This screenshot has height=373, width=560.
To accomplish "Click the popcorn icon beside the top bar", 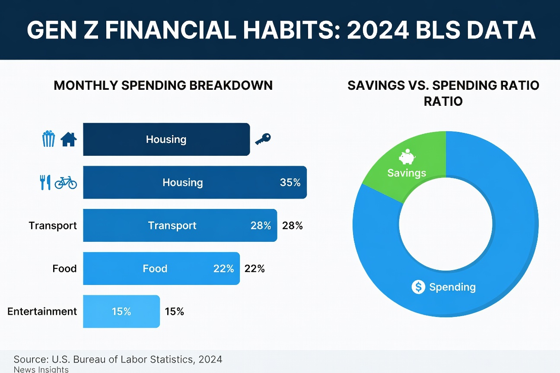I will pyautogui.click(x=48, y=139).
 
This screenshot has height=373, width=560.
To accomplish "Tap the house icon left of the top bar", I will pyautogui.click(x=68, y=139).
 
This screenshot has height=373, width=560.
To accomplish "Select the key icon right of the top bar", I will pyautogui.click(x=263, y=139).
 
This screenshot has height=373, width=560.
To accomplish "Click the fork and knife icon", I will pyautogui.click(x=45, y=182).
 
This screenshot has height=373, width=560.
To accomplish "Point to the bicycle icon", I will pyautogui.click(x=66, y=183).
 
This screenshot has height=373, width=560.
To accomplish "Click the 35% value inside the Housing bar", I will pyautogui.click(x=290, y=182).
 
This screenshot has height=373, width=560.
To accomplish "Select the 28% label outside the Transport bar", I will pyautogui.click(x=293, y=225).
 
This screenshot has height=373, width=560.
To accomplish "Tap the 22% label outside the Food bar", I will pyautogui.click(x=255, y=269).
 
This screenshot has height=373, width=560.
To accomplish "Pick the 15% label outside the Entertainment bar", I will pyautogui.click(x=175, y=311).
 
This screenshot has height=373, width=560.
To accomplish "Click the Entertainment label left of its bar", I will pyautogui.click(x=42, y=311).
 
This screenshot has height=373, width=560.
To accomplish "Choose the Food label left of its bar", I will pyautogui.click(x=64, y=269).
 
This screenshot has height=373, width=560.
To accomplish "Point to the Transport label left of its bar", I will pyautogui.click(x=53, y=225).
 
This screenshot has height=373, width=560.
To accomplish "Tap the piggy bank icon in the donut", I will pyautogui.click(x=407, y=157).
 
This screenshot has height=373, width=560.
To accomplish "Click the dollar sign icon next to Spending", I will pyautogui.click(x=418, y=287).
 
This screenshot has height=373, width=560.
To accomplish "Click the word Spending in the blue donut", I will pyautogui.click(x=452, y=287).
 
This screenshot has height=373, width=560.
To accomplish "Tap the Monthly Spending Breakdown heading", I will pyautogui.click(x=163, y=85).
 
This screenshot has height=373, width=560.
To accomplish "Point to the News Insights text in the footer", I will pyautogui.click(x=41, y=369).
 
